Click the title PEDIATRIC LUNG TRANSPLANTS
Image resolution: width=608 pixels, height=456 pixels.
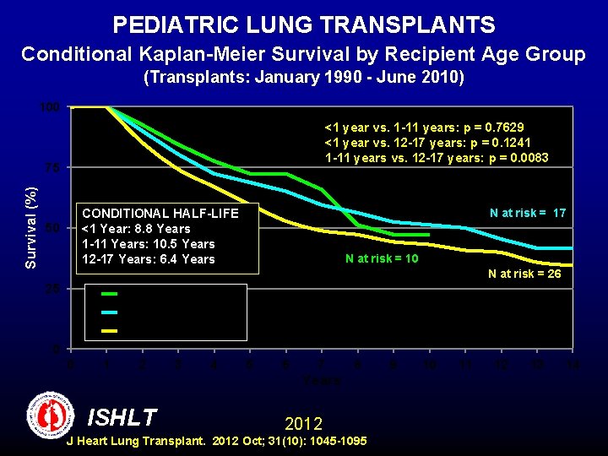304,24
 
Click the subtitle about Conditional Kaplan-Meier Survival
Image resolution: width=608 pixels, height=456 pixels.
304,55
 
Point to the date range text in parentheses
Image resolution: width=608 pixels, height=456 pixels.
304,79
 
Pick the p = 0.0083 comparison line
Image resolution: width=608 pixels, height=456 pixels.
436,158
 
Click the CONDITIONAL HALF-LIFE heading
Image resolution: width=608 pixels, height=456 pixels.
160,213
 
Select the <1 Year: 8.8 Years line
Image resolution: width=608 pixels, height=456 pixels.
136,229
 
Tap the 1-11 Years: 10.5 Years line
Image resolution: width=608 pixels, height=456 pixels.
148,244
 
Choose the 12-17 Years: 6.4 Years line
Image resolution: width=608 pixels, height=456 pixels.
148,259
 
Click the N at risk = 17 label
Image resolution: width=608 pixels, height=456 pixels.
528,213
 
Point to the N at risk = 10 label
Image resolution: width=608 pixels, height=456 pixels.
382,258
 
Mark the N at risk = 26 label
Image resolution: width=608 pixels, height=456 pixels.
524,274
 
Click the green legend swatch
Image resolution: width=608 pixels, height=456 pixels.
109,293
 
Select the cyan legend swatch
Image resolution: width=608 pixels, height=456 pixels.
109,312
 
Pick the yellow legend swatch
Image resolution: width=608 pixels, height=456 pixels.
109,330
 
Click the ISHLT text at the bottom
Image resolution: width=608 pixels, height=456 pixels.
122,417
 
